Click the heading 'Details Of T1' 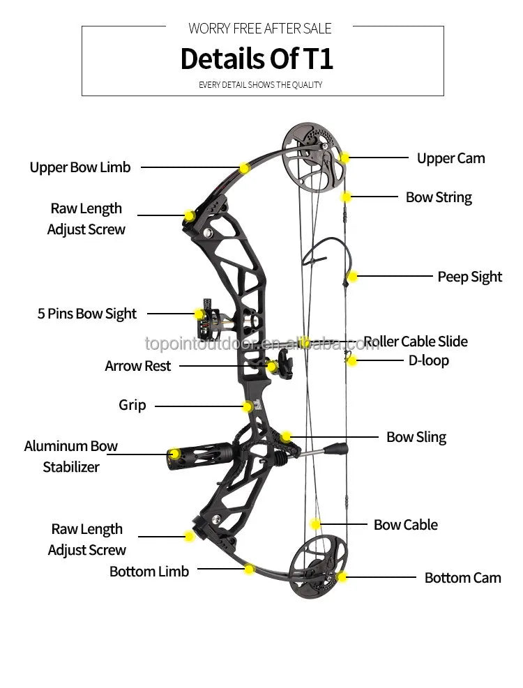(x=257, y=59)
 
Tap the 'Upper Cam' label (x=450, y=158)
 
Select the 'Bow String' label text (x=439, y=197)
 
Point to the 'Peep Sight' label (x=469, y=277)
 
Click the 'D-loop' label (x=428, y=360)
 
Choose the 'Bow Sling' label (x=416, y=437)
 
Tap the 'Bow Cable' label (x=405, y=525)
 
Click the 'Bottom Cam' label (x=462, y=578)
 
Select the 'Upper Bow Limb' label (x=79, y=167)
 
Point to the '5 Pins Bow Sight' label (x=86, y=314)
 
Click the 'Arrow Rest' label (x=137, y=366)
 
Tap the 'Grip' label (x=132, y=405)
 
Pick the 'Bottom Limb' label (x=149, y=572)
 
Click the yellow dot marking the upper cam (x=344, y=158)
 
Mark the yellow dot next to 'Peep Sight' (x=353, y=277)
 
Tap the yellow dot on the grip (x=248, y=406)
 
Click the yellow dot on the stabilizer (x=175, y=454)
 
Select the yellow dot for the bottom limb (x=249, y=569)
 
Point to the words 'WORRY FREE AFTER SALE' (x=259, y=29)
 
